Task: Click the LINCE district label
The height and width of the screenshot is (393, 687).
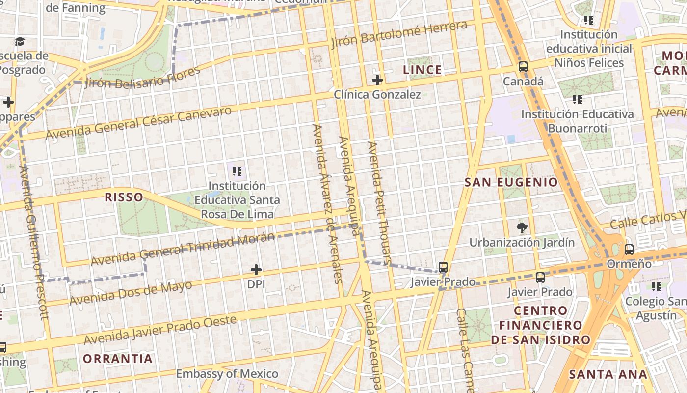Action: tap(422, 70)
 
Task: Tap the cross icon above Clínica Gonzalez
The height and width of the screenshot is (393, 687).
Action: tap(377, 80)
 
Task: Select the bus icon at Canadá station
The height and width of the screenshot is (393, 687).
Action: tap(523, 67)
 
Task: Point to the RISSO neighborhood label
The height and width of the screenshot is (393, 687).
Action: tap(124, 197)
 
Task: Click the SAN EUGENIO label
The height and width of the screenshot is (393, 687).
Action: tap(511, 182)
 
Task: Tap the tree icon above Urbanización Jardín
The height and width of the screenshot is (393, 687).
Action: tap(522, 227)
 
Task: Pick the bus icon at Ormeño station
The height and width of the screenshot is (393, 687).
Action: tap(629, 250)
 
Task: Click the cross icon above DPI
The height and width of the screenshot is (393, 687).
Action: tap(256, 270)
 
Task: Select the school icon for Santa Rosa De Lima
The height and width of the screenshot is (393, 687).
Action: tap(237, 171)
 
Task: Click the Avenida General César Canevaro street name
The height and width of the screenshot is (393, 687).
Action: tap(138, 122)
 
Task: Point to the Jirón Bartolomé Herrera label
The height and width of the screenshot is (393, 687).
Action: tap(399, 34)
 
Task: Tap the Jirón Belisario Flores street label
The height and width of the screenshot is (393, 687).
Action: tap(142, 77)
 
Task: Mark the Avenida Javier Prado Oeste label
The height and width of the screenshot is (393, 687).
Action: tap(160, 330)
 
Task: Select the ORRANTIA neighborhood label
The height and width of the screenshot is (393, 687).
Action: tap(118, 359)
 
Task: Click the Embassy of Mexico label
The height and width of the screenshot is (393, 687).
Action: tap(227, 374)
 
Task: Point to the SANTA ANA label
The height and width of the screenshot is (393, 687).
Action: tap(608, 374)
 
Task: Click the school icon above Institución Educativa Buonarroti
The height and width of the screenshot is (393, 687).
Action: tap(578, 100)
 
